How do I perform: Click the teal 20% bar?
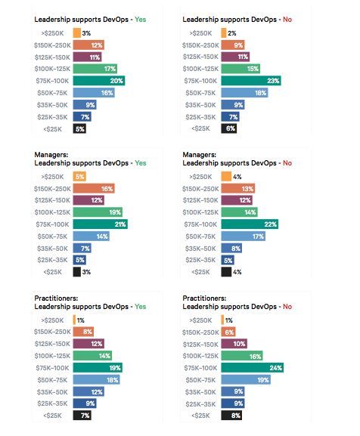click(x=99, y=81)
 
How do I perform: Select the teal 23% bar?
click(x=251, y=81)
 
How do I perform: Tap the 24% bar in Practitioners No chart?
click(x=253, y=367)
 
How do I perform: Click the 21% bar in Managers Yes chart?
click(x=101, y=224)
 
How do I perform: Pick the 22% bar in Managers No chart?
click(x=250, y=224)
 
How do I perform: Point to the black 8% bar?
click(x=231, y=416)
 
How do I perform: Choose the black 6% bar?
click(x=229, y=128)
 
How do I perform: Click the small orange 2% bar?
click(x=224, y=33)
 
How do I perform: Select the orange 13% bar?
click(x=238, y=188)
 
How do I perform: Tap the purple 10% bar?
click(x=234, y=344)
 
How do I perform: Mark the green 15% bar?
click(x=241, y=69)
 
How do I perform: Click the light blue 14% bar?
click(x=92, y=237)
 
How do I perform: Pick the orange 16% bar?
click(x=94, y=188)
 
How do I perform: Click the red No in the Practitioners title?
click(x=287, y=307)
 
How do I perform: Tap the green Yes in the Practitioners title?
click(x=141, y=307)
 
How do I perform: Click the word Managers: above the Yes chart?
click(x=51, y=155)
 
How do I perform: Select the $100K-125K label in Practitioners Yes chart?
click(x=53, y=356)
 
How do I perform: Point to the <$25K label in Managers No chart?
click(x=200, y=272)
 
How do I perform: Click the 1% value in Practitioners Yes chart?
click(x=81, y=320)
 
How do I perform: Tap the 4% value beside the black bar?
click(x=237, y=272)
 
